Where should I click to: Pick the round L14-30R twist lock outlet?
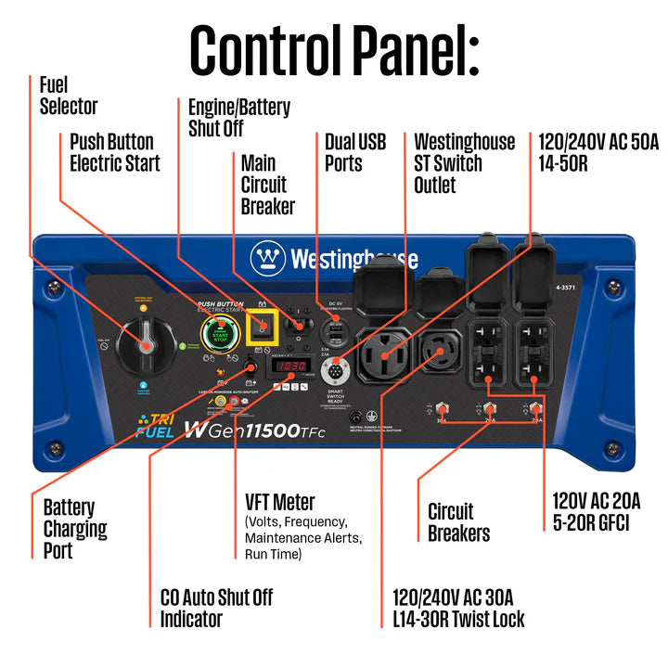(441, 353)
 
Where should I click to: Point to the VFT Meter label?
(279, 502)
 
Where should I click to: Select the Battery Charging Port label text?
(75, 529)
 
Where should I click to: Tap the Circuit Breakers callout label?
(458, 522)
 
